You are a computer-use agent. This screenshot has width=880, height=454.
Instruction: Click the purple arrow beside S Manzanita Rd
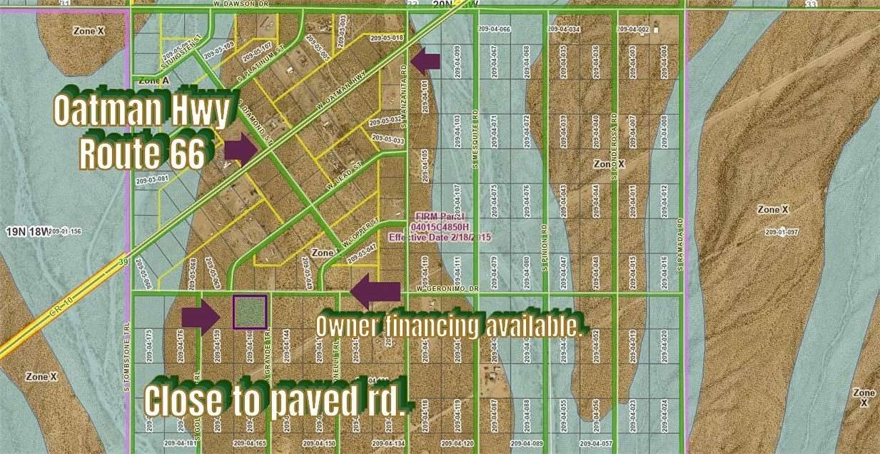(426, 61)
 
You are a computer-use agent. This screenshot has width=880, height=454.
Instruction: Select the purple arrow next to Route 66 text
(241, 149)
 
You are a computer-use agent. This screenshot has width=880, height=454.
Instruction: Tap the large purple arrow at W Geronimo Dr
(375, 291)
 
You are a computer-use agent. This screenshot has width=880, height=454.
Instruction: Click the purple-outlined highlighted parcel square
(250, 312)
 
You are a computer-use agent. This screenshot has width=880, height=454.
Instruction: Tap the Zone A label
(154, 81)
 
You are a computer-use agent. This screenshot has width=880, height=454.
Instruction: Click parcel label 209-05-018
(386, 37)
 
